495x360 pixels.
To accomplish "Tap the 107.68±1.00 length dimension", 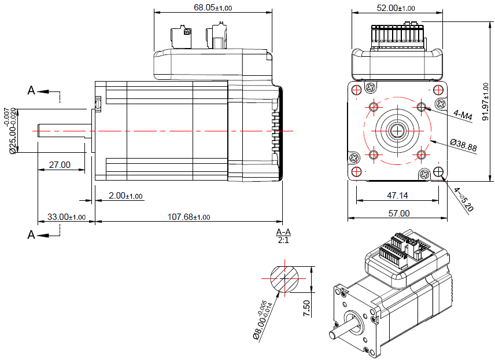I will tap(189, 217).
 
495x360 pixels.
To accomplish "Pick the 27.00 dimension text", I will tap(60, 165).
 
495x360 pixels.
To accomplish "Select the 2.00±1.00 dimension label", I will tap(126, 196).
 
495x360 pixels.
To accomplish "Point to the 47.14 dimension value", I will tap(396, 196).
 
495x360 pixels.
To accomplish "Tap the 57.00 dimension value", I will tap(398, 214).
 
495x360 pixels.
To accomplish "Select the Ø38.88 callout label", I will tap(463, 145).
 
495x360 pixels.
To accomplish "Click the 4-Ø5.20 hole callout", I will tap(464, 200).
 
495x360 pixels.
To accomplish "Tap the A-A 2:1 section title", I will tap(283, 236).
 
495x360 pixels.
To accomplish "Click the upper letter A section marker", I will tap(32, 90).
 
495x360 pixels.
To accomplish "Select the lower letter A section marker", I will tap(32, 234).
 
